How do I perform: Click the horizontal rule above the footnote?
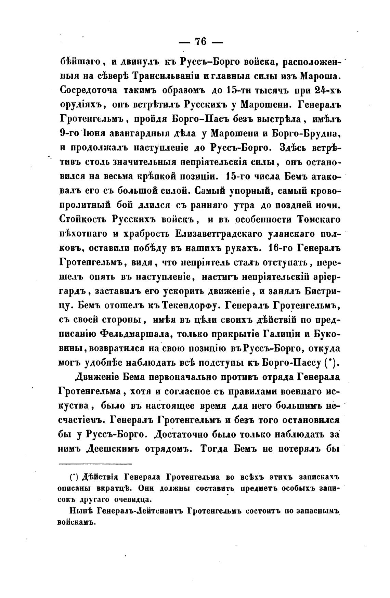[x=95, y=464]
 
